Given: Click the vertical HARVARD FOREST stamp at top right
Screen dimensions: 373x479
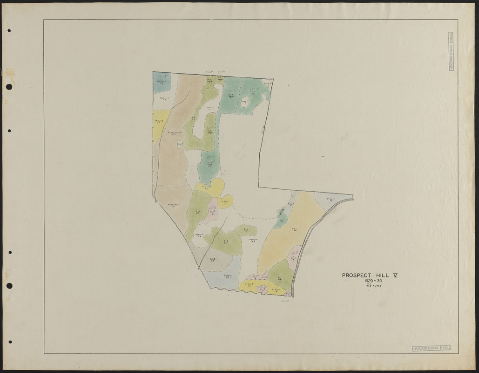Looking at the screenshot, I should coord(451,51).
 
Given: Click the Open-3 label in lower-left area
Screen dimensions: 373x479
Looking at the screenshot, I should coord(199,235).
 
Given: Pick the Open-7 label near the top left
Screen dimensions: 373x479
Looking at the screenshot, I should coord(164,99).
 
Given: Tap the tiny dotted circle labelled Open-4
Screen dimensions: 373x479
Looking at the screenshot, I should coord(180,145).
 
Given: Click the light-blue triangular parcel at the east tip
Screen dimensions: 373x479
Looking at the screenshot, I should coord(331,200).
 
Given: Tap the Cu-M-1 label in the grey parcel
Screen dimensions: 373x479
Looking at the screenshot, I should coord(212,260).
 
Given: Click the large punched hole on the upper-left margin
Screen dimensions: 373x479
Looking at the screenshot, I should coord(9,87).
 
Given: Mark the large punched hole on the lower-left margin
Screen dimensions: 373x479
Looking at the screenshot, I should coord(9,285).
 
